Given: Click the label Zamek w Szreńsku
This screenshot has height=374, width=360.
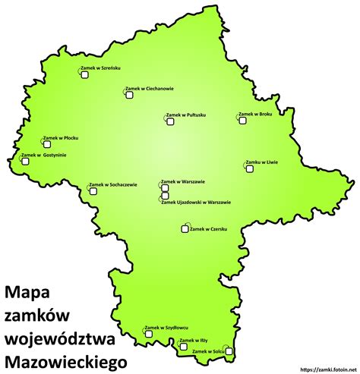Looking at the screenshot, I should coord(99,68).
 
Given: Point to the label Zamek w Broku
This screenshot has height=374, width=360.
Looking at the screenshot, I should coord(255,115).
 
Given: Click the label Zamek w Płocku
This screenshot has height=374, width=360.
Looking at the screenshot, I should coord(61,138).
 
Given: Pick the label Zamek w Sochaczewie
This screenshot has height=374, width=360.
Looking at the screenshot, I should coord(113,184).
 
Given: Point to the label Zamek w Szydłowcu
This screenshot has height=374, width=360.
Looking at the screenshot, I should coord(166,327).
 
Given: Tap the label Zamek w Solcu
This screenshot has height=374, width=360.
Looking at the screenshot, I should coord(207,352).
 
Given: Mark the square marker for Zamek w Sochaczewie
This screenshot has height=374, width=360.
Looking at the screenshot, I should coord(94,191).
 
